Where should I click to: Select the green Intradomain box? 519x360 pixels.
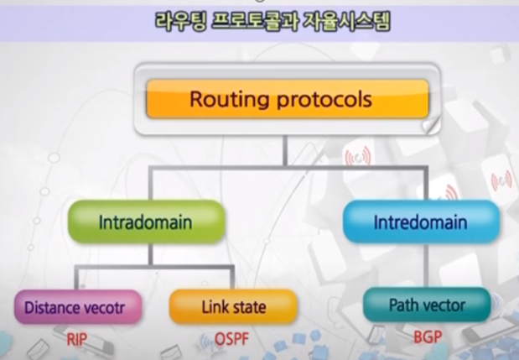pos(146,224)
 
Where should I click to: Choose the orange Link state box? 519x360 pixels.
pos(233,307)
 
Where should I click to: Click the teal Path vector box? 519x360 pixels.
pos(427,304)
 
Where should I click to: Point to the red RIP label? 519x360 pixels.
pos(76,340)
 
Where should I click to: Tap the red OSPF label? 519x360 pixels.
pos(233,340)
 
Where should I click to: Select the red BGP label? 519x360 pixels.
pos(427,340)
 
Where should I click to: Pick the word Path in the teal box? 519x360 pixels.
pos(403,304)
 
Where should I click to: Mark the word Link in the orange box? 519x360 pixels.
pos(215,307)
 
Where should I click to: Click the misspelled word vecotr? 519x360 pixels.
pos(104,307)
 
